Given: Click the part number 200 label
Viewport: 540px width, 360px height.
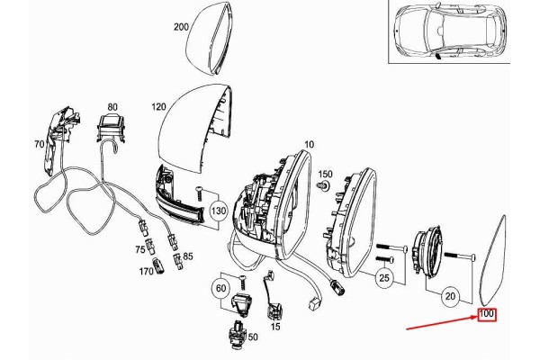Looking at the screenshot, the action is point(181,27).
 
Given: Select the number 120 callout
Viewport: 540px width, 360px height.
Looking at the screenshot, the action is point(158,107).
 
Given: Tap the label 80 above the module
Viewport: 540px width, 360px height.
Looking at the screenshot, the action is point(112,107).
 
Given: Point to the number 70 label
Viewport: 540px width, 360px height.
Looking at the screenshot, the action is point(40,144).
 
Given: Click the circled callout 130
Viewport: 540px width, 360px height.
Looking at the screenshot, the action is point(219,211).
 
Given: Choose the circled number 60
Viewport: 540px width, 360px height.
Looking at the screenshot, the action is point(221,288).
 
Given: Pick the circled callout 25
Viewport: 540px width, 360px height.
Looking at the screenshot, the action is point(384,278).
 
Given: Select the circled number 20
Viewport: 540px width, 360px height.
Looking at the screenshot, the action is point(450,296).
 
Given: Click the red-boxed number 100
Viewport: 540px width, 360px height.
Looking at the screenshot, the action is point(487,314).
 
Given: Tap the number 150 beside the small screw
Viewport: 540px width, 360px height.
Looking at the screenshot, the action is point(325,174).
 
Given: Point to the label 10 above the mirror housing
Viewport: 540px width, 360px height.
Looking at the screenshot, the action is point(310,144).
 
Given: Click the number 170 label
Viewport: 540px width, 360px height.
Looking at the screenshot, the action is point(146,272).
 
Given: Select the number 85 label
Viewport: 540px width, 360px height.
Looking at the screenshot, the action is point(188,256).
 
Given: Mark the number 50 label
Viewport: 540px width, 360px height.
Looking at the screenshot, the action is point(253,337).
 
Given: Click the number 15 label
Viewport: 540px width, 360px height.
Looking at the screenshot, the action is point(275,326).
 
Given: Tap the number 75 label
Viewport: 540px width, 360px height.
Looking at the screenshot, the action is point(139,249).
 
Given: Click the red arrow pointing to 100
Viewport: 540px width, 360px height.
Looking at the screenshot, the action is point(442,322).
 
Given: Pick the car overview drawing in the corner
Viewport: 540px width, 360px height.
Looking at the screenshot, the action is point(449,31).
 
